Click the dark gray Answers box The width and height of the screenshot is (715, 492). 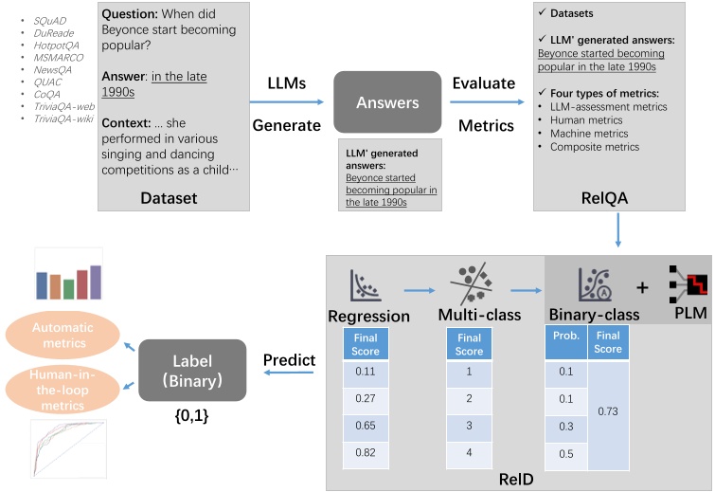click(387, 101)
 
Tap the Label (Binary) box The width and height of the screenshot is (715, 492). click(192, 370)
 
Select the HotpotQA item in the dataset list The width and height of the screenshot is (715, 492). click(56, 46)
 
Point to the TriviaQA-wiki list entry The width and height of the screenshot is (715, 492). click(63, 118)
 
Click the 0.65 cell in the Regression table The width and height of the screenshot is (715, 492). click(366, 426)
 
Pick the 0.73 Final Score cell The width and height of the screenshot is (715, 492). click(608, 411)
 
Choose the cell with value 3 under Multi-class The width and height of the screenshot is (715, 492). click(469, 426)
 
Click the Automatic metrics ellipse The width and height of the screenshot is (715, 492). click(63, 335)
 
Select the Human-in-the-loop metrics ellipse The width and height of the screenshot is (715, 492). click(63, 390)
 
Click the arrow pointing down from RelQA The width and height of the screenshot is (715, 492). click(617, 230)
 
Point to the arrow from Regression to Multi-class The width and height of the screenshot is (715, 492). click(420, 290)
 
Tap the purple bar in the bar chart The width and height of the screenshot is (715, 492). click(96, 282)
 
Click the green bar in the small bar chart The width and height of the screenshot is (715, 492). click(69, 289)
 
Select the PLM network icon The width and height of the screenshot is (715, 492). click(688, 283)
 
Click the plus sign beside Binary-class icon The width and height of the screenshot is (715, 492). click(642, 287)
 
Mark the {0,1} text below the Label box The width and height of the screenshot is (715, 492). click(191, 415)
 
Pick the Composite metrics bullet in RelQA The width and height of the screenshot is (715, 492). click(595, 147)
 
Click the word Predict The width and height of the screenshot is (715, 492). click(289, 360)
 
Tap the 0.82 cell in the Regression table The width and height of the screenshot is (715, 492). click(366, 452)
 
